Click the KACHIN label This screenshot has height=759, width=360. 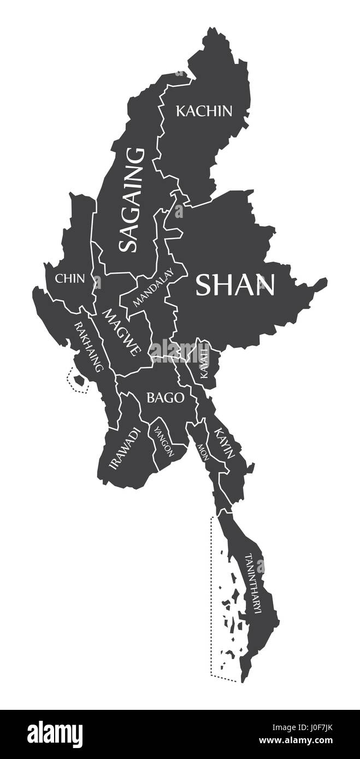204,111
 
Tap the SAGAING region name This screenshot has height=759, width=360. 132,199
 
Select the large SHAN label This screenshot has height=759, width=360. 235,284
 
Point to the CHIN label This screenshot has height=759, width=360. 70,278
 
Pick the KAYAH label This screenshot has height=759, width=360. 204,362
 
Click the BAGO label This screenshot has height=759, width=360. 164,398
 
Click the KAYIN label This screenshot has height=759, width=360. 225,443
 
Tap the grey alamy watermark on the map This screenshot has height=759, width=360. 180,349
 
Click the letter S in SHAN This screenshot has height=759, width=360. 204,284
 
